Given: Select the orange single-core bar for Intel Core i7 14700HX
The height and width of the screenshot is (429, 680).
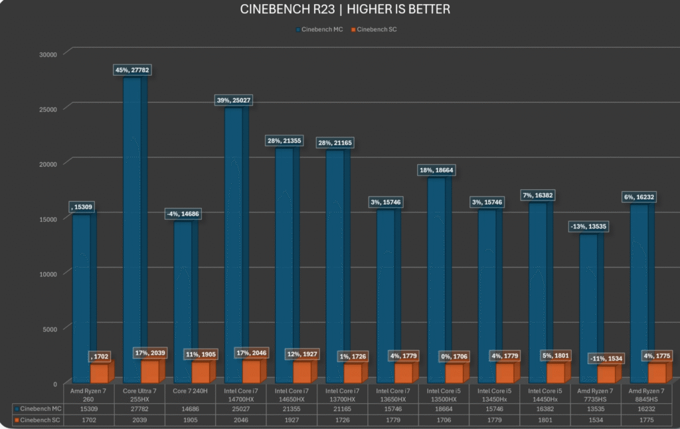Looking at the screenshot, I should click(242, 372).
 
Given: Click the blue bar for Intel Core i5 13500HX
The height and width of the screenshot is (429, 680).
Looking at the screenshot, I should click(436, 279).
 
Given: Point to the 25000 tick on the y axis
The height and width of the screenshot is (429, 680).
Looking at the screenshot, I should click(46, 109).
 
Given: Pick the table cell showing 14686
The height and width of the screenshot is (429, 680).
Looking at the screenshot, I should click(191, 408).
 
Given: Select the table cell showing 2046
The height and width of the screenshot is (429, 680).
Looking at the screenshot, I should click(242, 420).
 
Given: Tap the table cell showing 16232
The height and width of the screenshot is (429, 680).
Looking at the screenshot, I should click(649, 408).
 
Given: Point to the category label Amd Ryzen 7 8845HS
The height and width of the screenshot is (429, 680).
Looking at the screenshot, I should click(649, 393).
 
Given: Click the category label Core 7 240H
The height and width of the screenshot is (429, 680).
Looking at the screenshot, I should click(191, 389).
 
